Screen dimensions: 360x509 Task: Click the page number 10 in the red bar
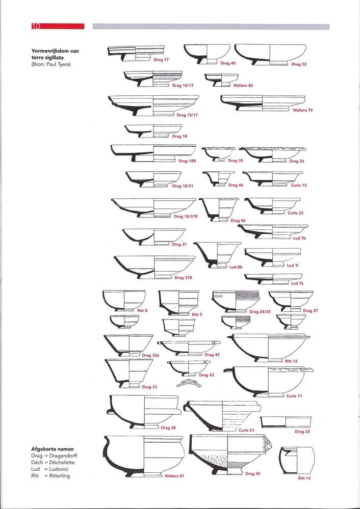36,26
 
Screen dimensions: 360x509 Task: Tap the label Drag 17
161,60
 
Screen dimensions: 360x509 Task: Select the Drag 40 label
228,63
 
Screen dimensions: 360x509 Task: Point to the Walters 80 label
243,86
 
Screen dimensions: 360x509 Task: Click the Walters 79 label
303,110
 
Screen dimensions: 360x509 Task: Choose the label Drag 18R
187,160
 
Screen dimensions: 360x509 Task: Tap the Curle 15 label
299,185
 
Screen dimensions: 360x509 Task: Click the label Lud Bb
236,267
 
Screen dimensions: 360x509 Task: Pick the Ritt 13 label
304,478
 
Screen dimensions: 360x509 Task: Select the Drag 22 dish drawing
286,422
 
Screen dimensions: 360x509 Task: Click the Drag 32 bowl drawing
270,55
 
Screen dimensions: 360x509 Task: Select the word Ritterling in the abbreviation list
60,476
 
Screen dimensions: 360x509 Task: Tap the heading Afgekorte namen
53,449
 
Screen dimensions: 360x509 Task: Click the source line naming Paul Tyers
51,64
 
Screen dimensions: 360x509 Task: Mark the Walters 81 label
174,476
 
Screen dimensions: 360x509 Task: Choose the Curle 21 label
246,430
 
